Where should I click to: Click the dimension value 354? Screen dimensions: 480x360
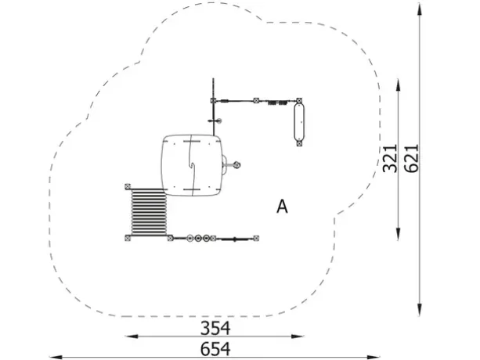[215, 328]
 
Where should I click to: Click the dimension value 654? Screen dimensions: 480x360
[215, 349]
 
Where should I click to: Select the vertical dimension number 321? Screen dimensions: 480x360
[390, 158]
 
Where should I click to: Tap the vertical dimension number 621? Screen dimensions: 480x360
[411, 158]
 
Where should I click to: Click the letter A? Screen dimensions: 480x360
[282, 207]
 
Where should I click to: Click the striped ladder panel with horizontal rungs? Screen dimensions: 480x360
[149, 212]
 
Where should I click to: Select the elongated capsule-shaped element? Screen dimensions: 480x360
[299, 122]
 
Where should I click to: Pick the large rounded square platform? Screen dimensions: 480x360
[192, 165]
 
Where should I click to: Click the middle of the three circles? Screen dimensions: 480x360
[198, 238]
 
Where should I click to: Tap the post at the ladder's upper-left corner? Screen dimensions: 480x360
[128, 186]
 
